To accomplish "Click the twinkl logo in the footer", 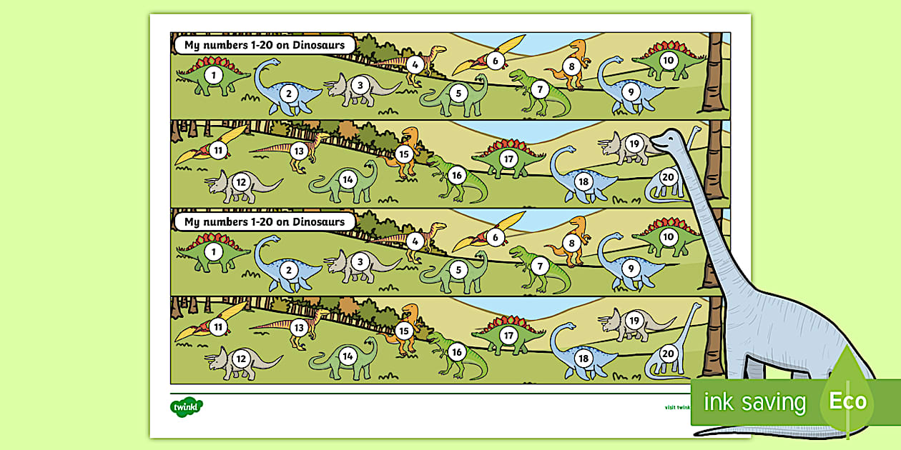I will [x=187, y=407].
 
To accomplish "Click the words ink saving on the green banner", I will [x=754, y=402].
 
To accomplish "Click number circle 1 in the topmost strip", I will [x=212, y=74].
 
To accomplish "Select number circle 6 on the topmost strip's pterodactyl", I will [x=495, y=61].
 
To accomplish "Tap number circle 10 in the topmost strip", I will [x=668, y=60].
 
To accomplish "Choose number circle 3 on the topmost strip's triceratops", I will [x=360, y=86].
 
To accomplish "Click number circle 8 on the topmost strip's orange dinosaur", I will [x=571, y=68].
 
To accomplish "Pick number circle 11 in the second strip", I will [x=217, y=150].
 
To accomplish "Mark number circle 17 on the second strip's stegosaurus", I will [x=508, y=159].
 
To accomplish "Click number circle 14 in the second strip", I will [x=348, y=179].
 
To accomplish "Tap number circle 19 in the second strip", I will [x=633, y=144].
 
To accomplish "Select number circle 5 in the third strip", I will [x=458, y=269].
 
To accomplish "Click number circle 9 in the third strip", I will [x=630, y=269].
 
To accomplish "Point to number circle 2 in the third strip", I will [x=289, y=269].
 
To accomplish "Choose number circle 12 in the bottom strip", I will [x=241, y=358].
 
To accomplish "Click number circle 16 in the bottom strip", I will [x=458, y=351].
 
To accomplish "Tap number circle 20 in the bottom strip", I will [x=668, y=353].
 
